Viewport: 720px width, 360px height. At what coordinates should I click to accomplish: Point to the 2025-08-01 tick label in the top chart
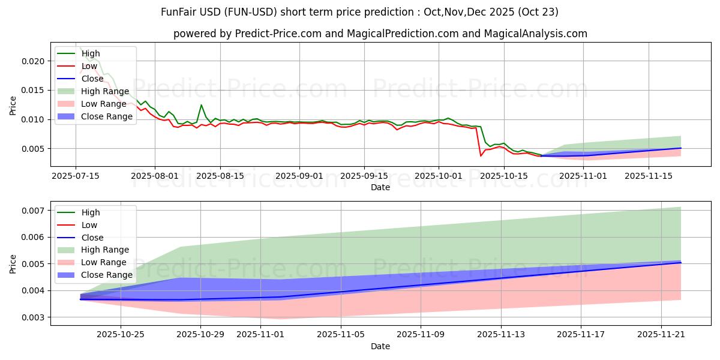tap(155, 176)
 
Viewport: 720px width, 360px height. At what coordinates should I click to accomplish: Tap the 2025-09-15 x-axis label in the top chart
tap(364, 176)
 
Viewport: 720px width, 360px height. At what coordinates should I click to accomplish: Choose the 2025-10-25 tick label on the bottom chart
tap(121, 335)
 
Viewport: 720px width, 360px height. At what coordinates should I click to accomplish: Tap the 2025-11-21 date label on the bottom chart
tap(661, 335)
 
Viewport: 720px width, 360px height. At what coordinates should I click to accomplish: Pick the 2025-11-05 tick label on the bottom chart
tap(341, 335)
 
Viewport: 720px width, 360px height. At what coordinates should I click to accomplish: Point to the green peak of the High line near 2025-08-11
tap(201, 105)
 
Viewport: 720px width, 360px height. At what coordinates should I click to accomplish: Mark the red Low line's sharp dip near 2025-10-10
tap(481, 155)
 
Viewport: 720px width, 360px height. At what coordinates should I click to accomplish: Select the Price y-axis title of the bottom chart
tap(13, 263)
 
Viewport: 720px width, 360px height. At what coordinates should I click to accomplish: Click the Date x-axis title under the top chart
tap(380, 187)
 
